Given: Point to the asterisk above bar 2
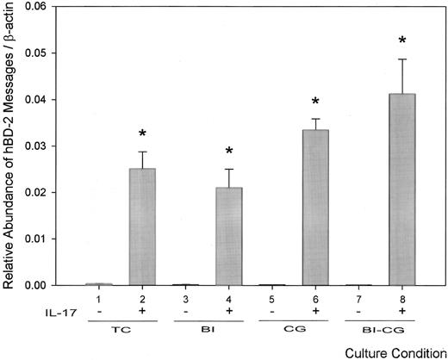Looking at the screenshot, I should point(142,134).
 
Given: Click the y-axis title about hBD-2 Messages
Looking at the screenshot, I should point(12,146).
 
